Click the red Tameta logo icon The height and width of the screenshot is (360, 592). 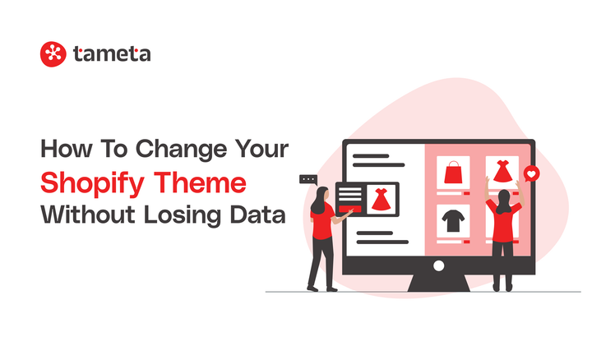tap(53, 54)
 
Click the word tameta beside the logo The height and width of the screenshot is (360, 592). tap(112, 54)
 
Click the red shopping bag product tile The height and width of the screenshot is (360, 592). tap(454, 173)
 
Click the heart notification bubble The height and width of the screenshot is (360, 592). tap(532, 173)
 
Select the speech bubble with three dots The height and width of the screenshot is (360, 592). tap(308, 179)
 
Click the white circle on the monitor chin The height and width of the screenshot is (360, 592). tap(438, 265)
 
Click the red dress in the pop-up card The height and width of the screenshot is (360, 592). tap(380, 199)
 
